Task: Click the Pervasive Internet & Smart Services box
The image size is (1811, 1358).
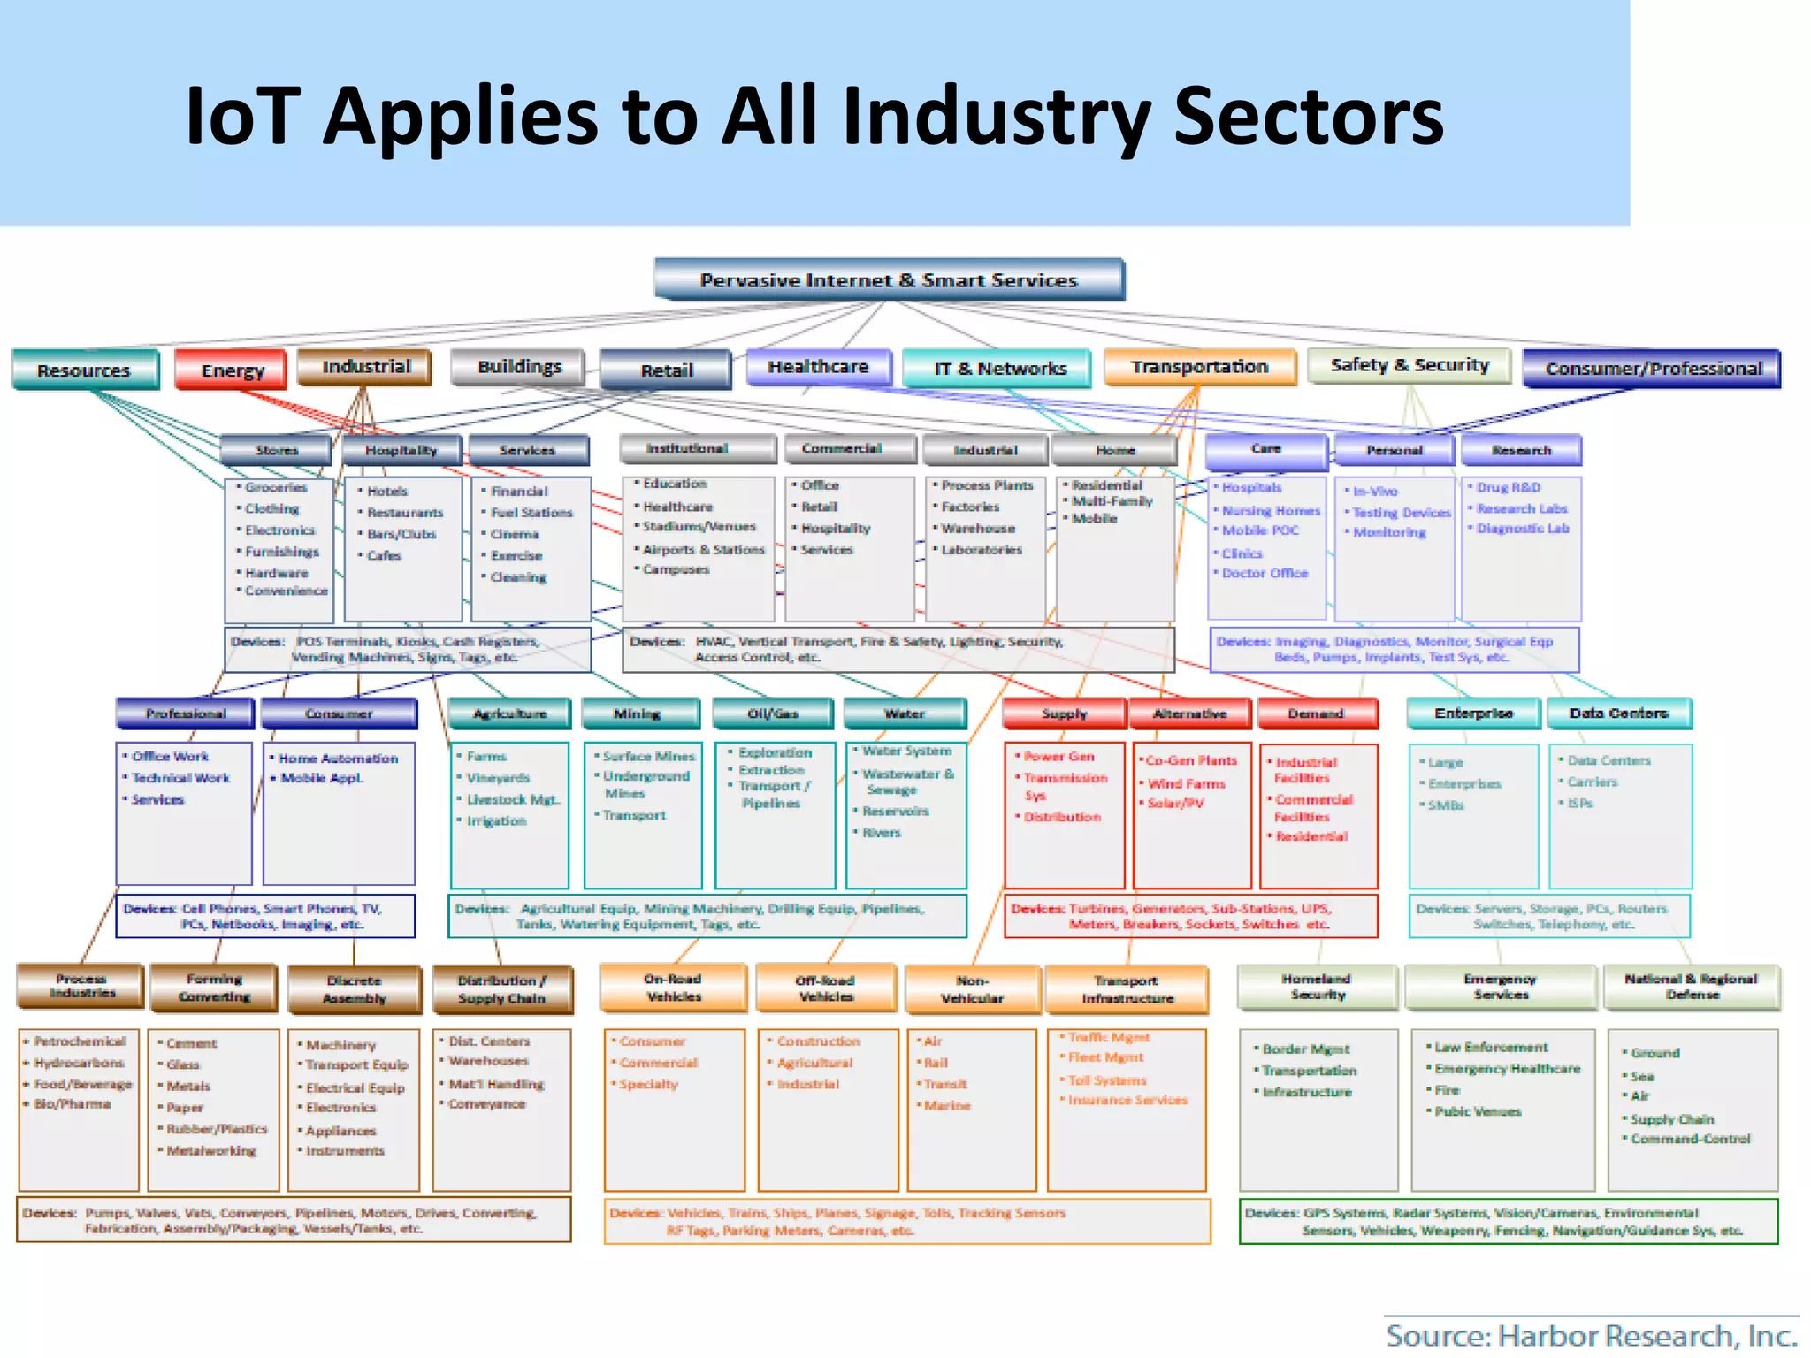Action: click(889, 280)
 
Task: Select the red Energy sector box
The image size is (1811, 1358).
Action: click(232, 370)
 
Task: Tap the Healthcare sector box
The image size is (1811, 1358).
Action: click(818, 367)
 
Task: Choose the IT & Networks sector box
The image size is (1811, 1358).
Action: click(1000, 369)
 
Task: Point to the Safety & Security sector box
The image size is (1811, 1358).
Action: click(1410, 365)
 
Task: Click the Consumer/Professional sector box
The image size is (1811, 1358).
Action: click(1653, 369)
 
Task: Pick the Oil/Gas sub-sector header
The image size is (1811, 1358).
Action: click(773, 713)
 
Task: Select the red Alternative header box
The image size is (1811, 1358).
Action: click(1189, 713)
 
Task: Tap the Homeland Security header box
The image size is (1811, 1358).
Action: click(1317, 987)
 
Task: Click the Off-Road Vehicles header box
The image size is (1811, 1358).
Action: click(826, 988)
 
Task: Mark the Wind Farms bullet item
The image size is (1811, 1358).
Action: click(1186, 783)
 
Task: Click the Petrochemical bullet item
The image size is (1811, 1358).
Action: click(80, 1041)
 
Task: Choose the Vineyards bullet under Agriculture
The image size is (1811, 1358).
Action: click(498, 778)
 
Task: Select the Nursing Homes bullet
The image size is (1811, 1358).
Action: click(1271, 511)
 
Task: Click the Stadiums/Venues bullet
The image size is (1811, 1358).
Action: click(699, 527)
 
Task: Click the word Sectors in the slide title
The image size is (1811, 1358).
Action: click(1309, 117)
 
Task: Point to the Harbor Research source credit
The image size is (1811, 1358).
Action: click(1591, 1336)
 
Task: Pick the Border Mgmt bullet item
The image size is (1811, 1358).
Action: click(1305, 1049)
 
